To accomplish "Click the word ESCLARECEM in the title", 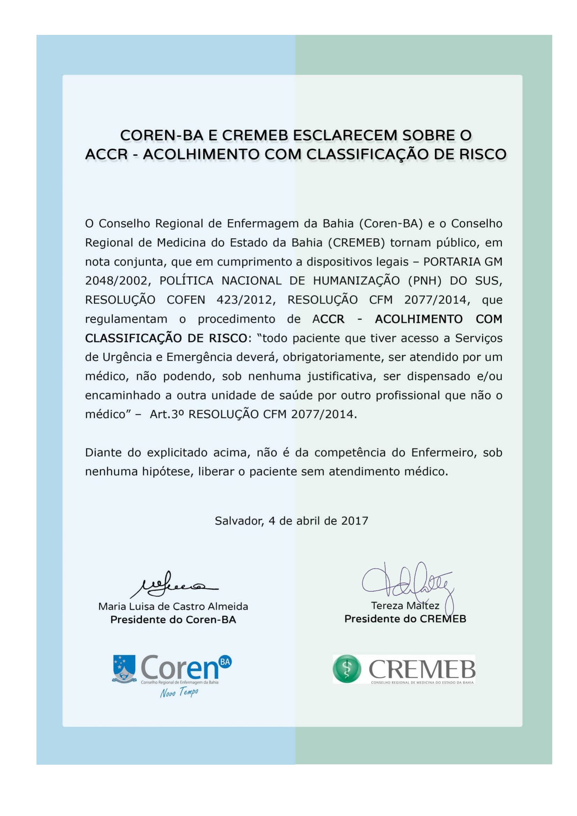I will coord(344,135).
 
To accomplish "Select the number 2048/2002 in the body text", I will coord(116,281).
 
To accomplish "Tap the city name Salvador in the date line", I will coord(239,521).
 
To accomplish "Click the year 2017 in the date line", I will coord(354,521).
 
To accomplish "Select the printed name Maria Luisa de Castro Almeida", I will coord(173,606).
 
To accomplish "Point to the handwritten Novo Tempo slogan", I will coord(179,692).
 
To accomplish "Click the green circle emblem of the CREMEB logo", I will coord(347,669).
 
